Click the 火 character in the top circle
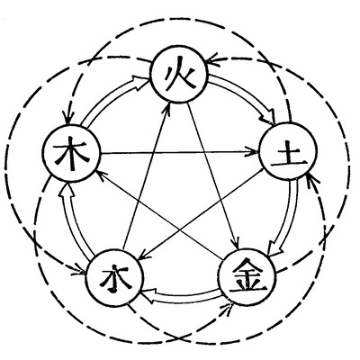179,74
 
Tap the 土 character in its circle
289,156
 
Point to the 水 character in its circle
115,278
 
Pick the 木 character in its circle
71,153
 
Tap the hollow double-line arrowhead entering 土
269,117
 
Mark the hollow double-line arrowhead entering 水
149,294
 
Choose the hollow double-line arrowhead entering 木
67,191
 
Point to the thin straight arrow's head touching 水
143,255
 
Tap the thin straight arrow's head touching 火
167,109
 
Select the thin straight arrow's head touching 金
236,242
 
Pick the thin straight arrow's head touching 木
101,175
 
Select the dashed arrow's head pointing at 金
228,308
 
